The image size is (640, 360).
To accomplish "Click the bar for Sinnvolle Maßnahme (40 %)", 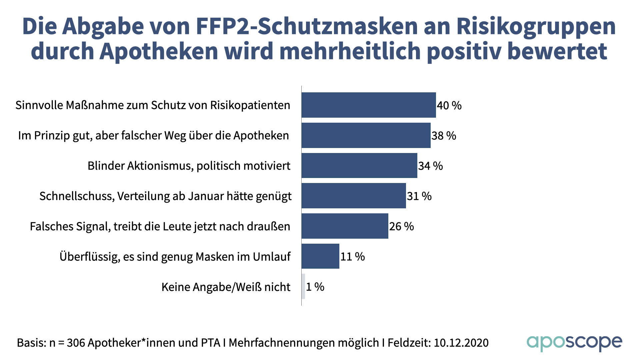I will click(369, 105).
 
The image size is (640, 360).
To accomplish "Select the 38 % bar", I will click(366, 135).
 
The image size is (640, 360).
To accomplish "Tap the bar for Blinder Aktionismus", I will click(359, 166).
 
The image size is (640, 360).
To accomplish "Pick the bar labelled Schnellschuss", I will click(354, 196).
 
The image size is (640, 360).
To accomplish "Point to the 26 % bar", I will click(345, 226).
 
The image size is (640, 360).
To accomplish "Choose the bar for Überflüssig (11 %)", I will click(320, 256).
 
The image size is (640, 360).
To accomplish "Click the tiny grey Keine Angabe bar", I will click(303, 287).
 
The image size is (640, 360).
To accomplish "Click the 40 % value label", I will click(449, 106).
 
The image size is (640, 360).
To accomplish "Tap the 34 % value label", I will click(430, 166).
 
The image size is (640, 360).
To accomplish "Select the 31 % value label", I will click(419, 196).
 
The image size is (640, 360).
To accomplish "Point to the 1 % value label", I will click(315, 287).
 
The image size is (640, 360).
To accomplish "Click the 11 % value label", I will click(352, 257).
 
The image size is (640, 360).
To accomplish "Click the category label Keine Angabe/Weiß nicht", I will click(226, 287).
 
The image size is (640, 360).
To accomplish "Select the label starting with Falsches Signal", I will click(160, 227).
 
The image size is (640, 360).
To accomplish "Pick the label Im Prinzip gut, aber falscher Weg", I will click(153, 136).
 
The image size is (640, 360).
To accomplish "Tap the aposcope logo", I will click(574, 343).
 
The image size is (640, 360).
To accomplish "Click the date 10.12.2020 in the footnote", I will click(461, 343).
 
